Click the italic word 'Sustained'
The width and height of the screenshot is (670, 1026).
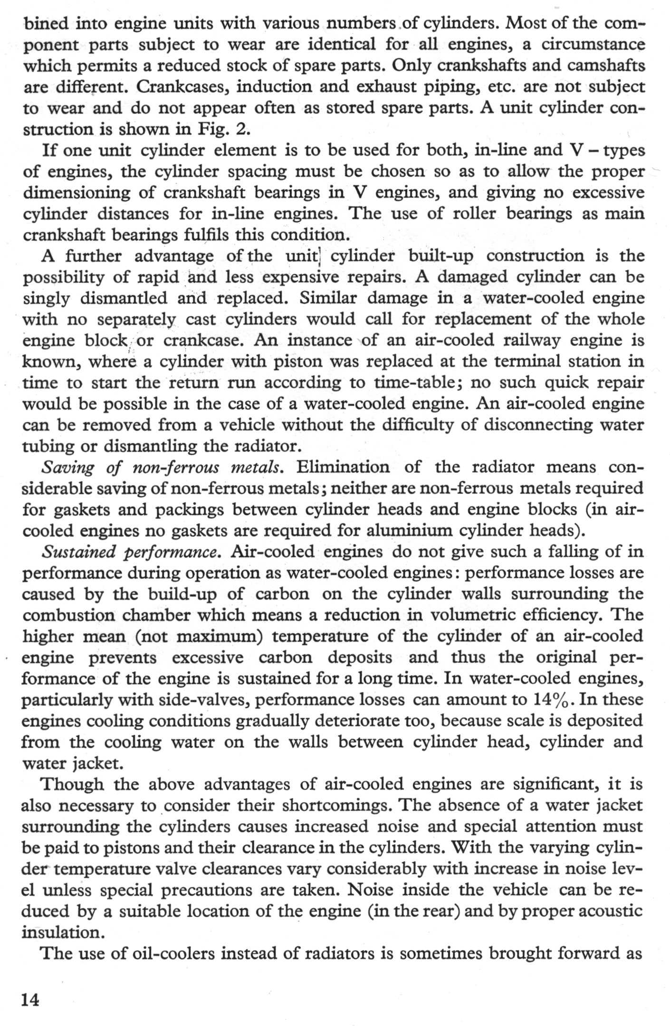pyautogui.click(x=79, y=552)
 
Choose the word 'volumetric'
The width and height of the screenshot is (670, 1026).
pyautogui.click(x=477, y=615)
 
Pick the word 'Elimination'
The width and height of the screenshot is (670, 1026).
pyautogui.click(x=343, y=467)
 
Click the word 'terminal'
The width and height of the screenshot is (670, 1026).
pyautogui.click(x=528, y=362)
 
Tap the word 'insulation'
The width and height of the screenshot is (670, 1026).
pyautogui.click(x=61, y=932)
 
